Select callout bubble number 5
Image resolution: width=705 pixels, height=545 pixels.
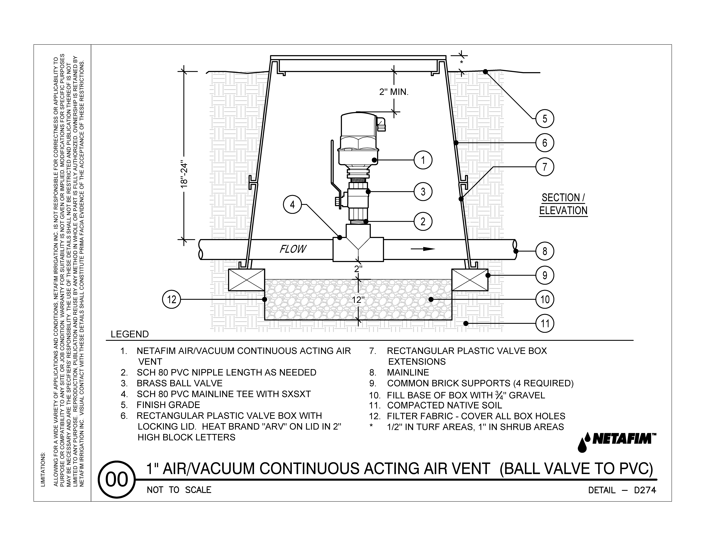545,119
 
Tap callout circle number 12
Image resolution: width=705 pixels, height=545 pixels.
171,300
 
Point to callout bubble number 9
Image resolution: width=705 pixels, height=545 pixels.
545,275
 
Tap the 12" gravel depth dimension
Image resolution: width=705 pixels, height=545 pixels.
358,300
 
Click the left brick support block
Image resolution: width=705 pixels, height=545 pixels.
246,280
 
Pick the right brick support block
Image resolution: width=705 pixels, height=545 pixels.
470,280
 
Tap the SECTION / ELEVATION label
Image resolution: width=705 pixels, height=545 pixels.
563,204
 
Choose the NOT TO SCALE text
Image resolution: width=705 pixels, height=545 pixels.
179,490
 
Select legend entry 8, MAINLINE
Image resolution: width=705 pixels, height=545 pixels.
408,373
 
